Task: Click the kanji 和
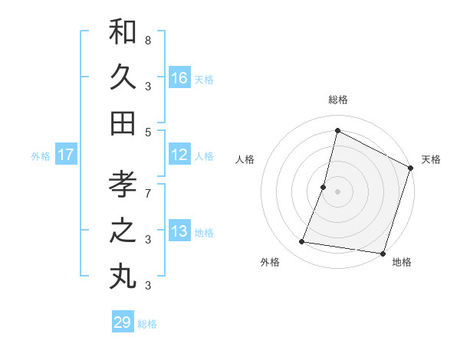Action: (123, 32)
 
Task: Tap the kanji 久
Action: (123, 77)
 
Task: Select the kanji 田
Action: (123, 123)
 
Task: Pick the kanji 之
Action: (123, 231)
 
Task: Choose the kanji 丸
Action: (123, 277)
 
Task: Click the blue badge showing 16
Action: (179, 78)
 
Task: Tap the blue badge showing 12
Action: (179, 155)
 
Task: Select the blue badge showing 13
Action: (179, 232)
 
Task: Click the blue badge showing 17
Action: (66, 155)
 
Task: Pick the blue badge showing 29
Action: (123, 322)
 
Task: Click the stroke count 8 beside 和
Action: (148, 40)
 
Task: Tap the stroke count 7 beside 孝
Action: (148, 185)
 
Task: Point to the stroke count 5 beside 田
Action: (148, 132)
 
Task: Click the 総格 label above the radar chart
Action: (337, 100)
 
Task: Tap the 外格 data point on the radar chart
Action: (302, 242)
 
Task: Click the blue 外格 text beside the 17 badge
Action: (41, 156)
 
